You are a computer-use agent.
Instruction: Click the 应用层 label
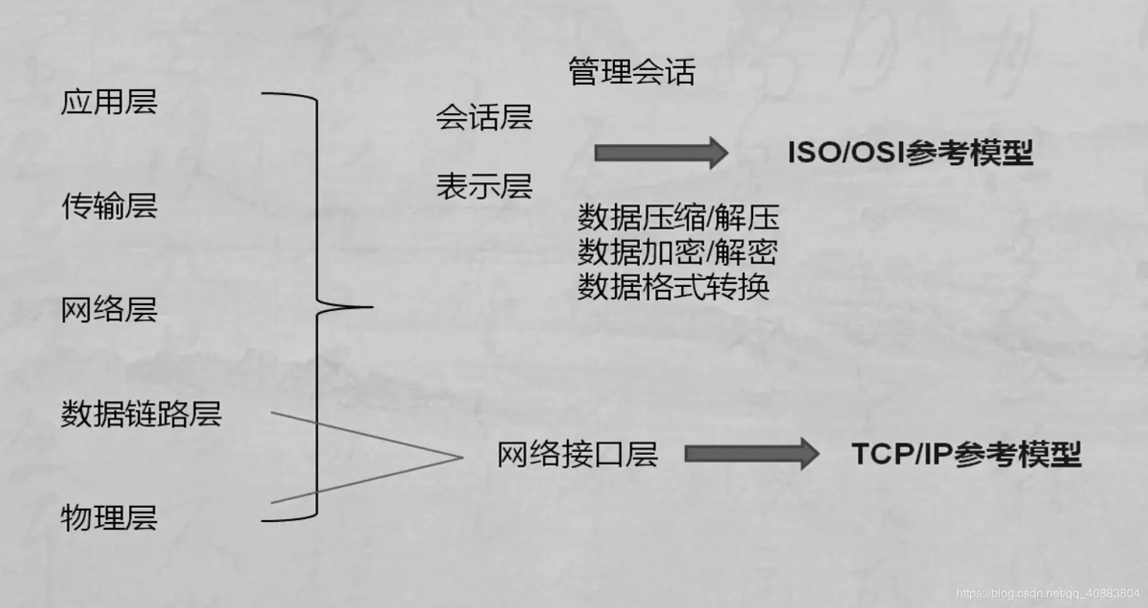109,102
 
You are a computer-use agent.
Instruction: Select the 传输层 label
109,206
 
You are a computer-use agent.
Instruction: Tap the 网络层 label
109,310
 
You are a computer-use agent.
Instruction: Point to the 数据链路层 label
141,414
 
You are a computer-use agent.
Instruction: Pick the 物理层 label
109,518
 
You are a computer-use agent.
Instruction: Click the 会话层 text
484,118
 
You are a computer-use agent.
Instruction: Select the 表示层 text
484,186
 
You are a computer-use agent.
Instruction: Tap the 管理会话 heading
631,72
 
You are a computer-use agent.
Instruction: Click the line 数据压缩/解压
678,218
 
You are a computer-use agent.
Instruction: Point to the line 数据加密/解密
677,252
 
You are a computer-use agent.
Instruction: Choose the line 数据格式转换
673,286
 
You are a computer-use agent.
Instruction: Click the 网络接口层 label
577,454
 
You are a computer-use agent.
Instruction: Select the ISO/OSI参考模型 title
910,153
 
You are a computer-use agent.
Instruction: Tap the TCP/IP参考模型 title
966,454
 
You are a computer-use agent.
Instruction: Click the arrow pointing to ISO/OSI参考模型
660,153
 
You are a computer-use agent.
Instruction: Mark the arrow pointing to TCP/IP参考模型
751,454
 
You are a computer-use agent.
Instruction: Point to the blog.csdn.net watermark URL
1048,594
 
